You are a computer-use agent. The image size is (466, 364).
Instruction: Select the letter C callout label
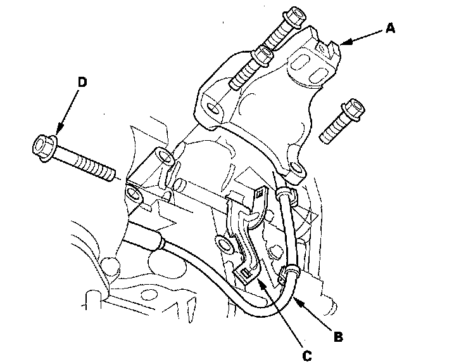click(306, 356)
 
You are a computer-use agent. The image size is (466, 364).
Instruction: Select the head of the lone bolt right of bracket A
click(351, 108)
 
